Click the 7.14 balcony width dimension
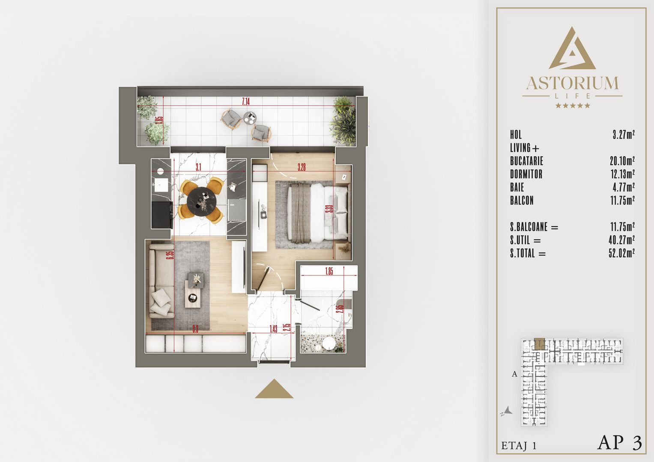coord(245,101)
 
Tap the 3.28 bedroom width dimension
coord(302,167)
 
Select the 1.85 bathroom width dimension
coord(328,271)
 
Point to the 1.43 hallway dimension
coord(273,329)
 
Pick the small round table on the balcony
coord(250,117)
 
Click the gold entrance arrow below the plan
coord(274,389)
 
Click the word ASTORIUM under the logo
coord(572,83)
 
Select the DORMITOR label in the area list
coord(526,174)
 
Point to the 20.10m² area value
coord(622,161)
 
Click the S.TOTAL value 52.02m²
coord(621,253)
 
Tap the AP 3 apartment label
coord(620,443)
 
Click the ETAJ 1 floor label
coord(519,446)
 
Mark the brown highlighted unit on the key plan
coord(539,344)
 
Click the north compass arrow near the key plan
coord(507,411)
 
